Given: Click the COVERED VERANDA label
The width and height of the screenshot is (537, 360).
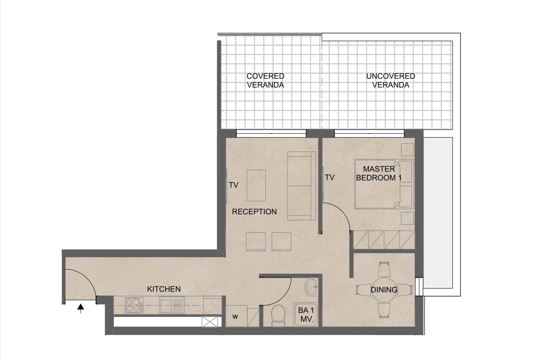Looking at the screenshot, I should [265, 80].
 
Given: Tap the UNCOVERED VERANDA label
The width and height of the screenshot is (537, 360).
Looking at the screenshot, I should [390, 80].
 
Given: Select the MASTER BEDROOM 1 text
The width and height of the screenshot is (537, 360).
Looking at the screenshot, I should [378, 173].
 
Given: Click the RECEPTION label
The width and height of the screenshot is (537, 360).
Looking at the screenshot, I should [254, 212].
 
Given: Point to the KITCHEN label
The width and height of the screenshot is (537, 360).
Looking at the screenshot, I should [164, 289].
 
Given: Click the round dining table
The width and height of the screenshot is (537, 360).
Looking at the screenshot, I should [384, 290].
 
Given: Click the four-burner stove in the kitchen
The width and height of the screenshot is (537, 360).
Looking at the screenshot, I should [134, 305].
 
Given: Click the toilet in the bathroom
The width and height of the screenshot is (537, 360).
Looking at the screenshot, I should [278, 315].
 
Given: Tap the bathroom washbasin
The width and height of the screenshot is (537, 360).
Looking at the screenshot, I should [312, 286].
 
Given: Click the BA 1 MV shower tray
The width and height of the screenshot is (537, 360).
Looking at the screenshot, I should [306, 315].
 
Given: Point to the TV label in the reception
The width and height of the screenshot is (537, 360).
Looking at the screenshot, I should [234, 185].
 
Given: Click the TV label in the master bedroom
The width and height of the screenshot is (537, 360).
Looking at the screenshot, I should [330, 178].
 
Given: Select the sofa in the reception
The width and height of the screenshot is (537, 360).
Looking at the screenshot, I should [302, 186].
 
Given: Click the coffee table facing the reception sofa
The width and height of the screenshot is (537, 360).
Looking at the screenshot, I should [256, 185].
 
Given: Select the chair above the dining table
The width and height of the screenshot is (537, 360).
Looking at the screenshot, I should [384, 270].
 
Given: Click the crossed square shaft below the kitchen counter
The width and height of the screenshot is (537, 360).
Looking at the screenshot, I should [210, 322].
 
